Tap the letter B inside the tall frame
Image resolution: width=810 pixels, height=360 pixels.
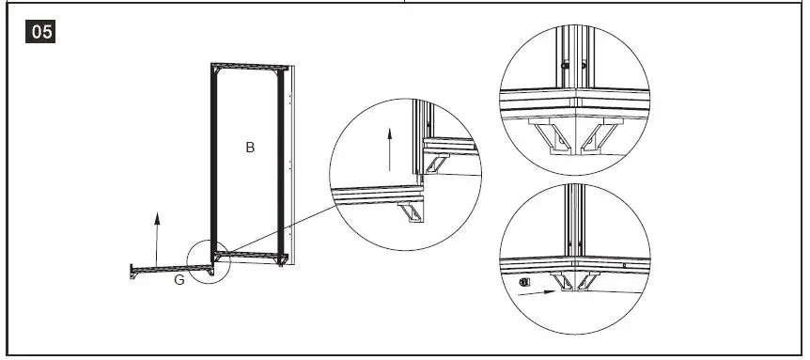tap(250, 148)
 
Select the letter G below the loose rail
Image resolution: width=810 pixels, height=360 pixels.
tap(178, 281)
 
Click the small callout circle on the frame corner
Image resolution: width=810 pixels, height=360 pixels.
tap(209, 259)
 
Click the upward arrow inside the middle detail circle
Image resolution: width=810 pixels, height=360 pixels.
tap(388, 149)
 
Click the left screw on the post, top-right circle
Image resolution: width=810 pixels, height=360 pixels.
tap(563, 66)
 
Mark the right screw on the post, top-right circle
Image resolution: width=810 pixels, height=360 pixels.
tap(584, 66)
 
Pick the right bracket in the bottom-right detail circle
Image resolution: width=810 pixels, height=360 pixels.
tap(586, 279)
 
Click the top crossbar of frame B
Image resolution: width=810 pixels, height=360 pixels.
tap(249, 67)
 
